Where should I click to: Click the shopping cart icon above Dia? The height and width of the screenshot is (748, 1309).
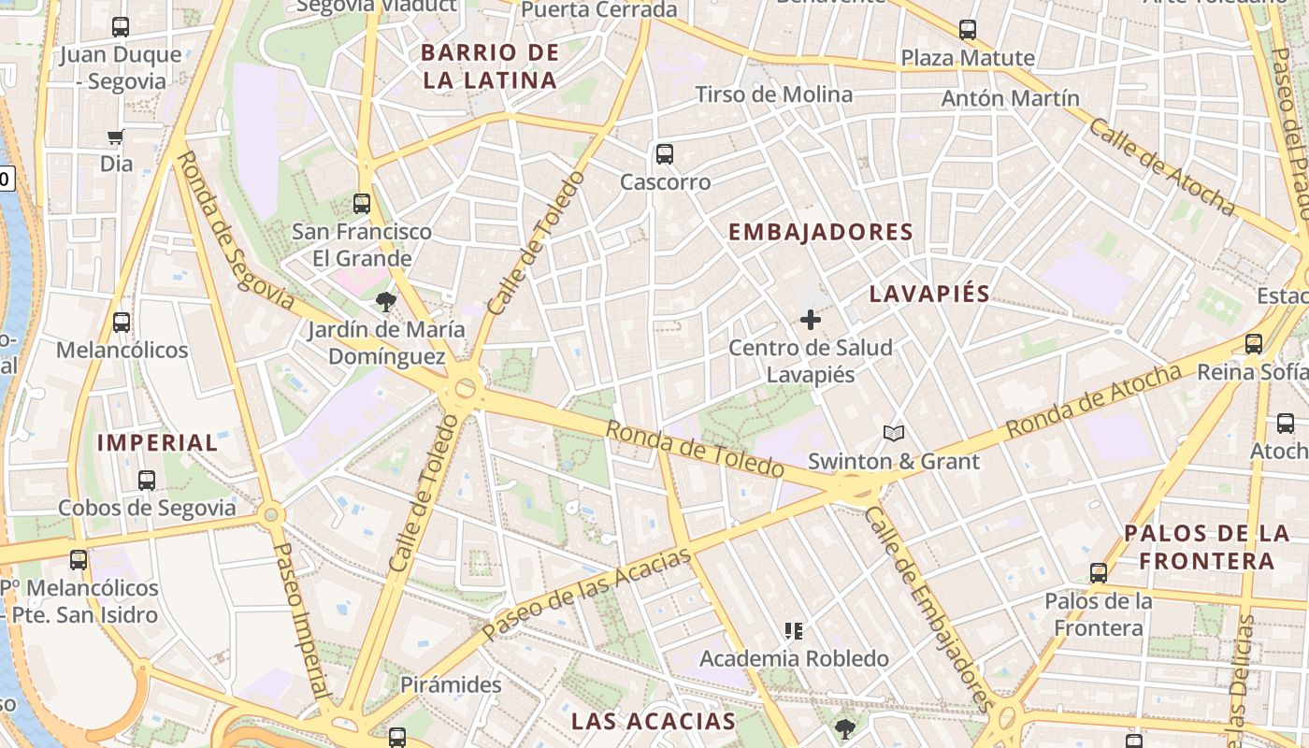point(115,137)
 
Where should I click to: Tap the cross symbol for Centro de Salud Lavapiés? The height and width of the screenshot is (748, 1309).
point(811,320)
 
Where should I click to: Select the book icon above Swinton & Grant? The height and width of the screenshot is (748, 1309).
point(894,433)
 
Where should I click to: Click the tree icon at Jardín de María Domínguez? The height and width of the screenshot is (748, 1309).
point(385,301)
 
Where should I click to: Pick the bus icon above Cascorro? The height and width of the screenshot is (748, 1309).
point(665,154)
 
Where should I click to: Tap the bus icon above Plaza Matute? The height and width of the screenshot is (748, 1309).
point(968,30)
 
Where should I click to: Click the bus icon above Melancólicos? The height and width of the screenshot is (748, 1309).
point(122,323)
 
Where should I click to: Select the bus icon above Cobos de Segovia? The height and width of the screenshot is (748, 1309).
point(147,481)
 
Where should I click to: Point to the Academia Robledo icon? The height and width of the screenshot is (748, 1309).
point(794,631)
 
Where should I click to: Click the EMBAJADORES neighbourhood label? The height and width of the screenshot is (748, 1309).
point(820,232)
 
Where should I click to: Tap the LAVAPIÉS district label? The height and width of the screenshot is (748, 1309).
point(929,294)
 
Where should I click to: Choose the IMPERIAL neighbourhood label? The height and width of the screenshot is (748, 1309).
point(157,442)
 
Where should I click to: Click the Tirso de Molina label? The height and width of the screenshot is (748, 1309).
point(774,94)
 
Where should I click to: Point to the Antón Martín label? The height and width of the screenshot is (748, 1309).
point(1010,98)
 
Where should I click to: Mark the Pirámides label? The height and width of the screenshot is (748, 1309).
point(451,684)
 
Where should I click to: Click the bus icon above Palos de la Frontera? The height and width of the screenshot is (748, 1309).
point(1099,572)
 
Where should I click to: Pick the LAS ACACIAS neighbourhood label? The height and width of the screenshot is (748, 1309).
point(654,721)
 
